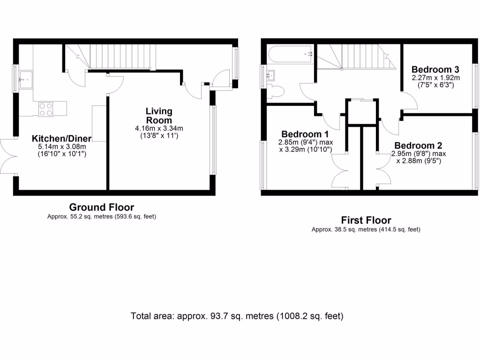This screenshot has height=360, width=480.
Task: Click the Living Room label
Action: (159, 115)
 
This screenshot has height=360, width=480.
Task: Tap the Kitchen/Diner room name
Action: (61, 138)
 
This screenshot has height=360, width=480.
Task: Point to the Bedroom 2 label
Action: (418, 145)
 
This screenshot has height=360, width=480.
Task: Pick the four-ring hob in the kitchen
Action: (45, 109)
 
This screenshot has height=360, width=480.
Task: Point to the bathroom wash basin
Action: (270, 75)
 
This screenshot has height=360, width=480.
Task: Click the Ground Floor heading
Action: (102, 207)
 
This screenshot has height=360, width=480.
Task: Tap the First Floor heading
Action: (366, 220)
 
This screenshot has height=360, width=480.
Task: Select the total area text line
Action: (237, 316)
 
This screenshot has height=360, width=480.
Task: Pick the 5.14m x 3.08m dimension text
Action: (61, 147)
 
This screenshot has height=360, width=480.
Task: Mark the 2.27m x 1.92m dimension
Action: (435, 78)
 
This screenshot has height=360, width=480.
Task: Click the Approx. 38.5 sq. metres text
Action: (366, 230)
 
